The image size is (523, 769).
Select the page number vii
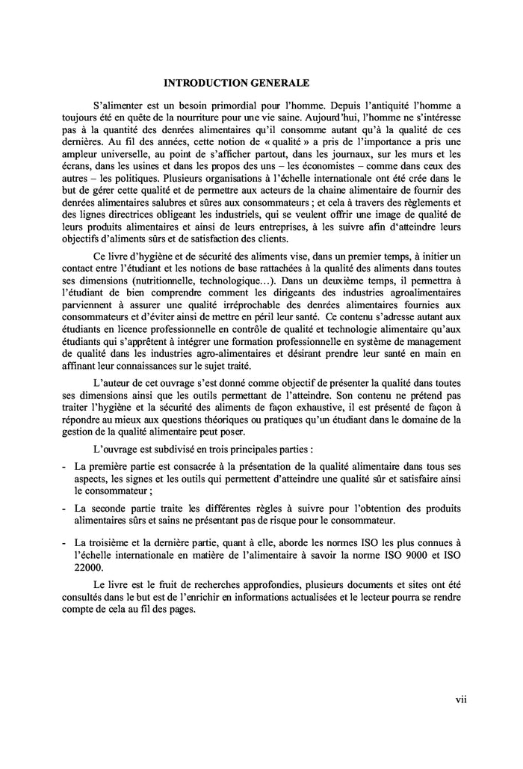[x=460, y=699]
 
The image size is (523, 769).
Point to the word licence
[x=136, y=349]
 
